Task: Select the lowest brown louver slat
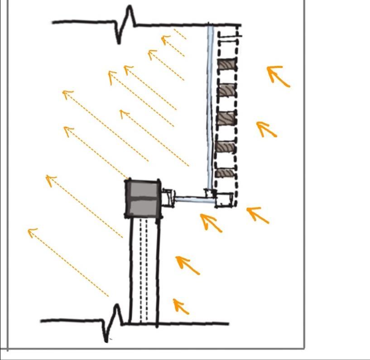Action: (225, 173)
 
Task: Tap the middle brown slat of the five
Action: (226, 119)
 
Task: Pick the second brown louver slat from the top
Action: (226, 91)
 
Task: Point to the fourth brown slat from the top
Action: (226, 148)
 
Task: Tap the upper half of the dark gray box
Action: (143, 189)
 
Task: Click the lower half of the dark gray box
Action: (143, 207)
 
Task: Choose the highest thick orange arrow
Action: (277, 75)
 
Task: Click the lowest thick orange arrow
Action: (180, 306)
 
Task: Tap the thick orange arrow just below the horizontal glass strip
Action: (211, 222)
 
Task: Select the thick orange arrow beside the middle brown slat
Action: (266, 129)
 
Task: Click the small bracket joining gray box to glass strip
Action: (168, 197)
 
